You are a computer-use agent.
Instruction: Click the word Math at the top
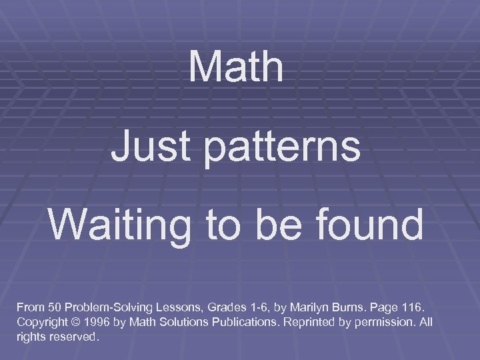coord(236,67)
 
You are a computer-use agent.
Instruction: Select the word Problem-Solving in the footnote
coord(109,308)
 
